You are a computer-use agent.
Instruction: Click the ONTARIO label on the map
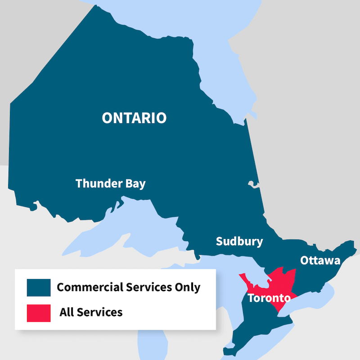[x=134, y=118]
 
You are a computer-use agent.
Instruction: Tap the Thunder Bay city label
[x=110, y=184]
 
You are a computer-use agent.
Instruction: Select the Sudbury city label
[x=239, y=241]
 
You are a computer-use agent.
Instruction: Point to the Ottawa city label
[x=320, y=261]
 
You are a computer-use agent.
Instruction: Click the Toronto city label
[x=269, y=298]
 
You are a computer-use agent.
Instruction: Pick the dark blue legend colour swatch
[x=39, y=287]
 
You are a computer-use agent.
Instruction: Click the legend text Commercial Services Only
[x=128, y=287]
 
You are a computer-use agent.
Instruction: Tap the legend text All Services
[x=91, y=312]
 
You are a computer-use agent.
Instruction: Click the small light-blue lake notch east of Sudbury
[x=253, y=184]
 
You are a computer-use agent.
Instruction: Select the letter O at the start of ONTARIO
[x=107, y=118]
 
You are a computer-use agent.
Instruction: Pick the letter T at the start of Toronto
[x=251, y=298]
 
